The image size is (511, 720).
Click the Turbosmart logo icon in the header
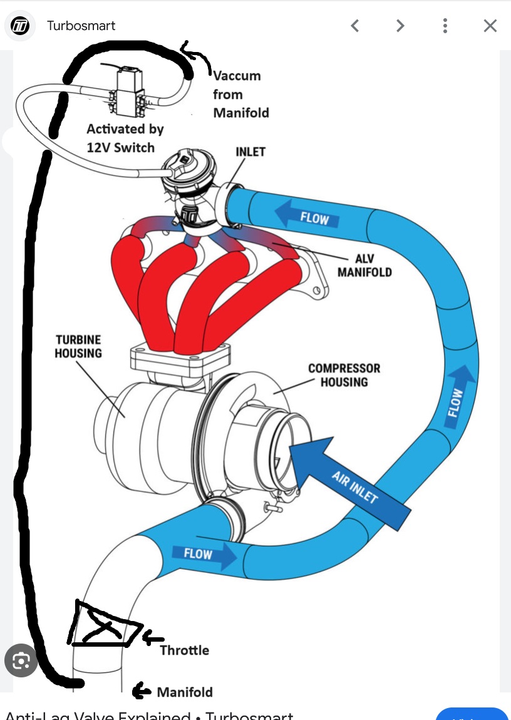21,26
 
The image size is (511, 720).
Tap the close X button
490,26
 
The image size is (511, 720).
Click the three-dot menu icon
445,26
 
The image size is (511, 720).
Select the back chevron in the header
355,26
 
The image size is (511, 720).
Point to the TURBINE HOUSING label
78,347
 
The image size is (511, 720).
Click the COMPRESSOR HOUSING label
344,375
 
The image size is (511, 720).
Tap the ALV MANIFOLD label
364,266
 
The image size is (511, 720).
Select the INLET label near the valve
250,152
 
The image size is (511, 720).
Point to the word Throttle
184,650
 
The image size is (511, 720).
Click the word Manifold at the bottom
185,692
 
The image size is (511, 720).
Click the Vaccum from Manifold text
240,94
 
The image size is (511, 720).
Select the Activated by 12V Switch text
125,138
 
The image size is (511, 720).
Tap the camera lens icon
21,661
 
